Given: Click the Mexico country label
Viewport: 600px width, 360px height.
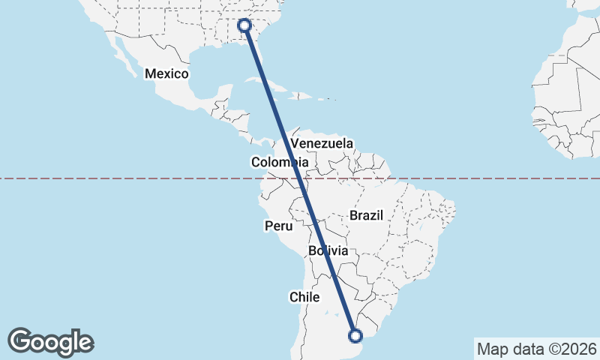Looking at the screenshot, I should [x=166, y=73].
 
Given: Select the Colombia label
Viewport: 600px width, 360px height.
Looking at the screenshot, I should [x=279, y=162].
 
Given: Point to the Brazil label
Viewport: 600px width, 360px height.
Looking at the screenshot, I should [x=366, y=215].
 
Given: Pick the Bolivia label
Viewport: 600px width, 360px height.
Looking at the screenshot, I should [x=328, y=250].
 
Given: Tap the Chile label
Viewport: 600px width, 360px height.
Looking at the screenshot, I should [x=304, y=297].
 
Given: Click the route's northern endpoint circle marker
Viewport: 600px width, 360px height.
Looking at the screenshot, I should [x=244, y=25].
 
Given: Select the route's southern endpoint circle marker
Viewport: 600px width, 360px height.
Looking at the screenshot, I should [x=355, y=335].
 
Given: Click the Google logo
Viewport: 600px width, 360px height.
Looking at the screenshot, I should [x=50, y=342].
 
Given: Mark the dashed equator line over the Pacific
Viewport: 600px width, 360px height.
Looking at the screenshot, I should [x=112, y=178].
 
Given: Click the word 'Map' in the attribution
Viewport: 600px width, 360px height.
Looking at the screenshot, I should [x=492, y=349].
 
